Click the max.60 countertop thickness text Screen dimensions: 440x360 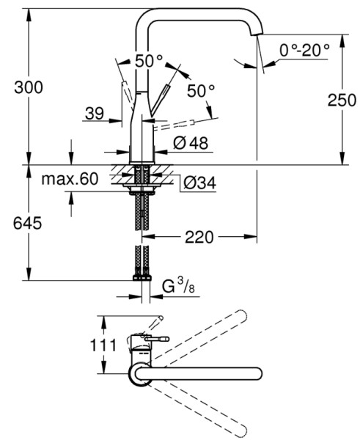70,179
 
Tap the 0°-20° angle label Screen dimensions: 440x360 304,50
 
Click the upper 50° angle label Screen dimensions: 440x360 149,62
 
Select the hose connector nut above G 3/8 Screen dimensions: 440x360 142,277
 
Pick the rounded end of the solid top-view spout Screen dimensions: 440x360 257,372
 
